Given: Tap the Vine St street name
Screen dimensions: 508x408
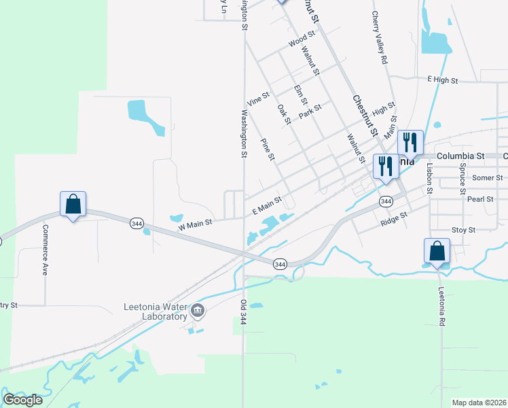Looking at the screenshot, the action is click(x=259, y=99).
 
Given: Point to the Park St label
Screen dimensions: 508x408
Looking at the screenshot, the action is click(x=310, y=111).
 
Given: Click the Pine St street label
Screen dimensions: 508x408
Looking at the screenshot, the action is click(x=268, y=149).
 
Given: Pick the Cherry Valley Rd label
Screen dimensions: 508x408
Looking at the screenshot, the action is click(x=380, y=38).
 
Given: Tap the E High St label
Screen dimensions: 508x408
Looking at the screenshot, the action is click(x=443, y=80).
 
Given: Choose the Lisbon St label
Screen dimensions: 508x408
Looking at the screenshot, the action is click(x=429, y=175).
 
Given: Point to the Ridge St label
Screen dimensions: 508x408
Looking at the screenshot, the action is click(x=393, y=218).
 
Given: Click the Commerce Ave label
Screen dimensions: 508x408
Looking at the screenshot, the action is click(x=46, y=250).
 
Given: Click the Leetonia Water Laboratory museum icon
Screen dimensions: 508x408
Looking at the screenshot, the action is click(x=198, y=311).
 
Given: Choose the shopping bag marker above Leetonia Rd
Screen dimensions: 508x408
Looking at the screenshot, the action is click(x=437, y=250).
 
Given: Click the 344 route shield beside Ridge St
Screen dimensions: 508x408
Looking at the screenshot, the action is click(x=386, y=201).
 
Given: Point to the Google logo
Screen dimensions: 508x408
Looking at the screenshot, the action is click(x=23, y=400).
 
